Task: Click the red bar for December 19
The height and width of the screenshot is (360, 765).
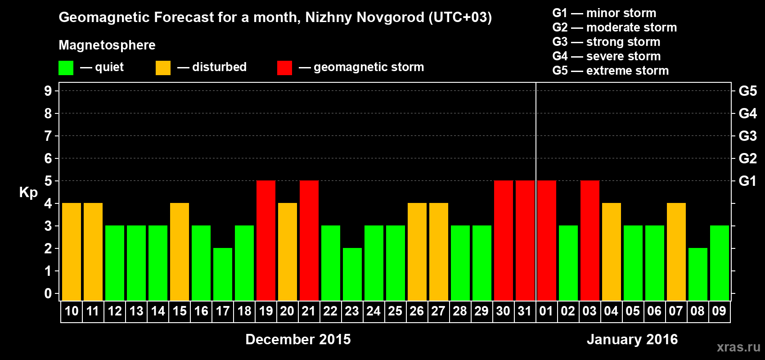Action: [266, 240]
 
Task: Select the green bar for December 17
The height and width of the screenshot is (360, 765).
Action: [223, 274]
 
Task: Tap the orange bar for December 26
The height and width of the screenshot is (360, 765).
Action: [417, 252]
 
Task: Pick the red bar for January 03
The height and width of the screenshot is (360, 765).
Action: [590, 240]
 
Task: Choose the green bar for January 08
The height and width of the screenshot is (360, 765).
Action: [698, 274]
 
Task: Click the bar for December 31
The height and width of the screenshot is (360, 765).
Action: [525, 240]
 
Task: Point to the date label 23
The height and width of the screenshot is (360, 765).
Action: [352, 311]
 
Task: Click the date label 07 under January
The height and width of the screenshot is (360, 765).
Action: [676, 311]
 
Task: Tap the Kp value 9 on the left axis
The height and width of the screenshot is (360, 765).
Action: [48, 91]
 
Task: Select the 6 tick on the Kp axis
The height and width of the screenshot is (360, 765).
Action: [48, 158]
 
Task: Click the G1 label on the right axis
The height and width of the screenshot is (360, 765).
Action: [747, 181]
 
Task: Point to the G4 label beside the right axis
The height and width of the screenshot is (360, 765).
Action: [747, 113]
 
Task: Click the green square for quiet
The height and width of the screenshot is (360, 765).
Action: [66, 68]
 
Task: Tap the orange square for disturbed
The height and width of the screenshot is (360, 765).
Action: [163, 68]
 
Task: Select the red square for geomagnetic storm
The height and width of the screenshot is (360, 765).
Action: [284, 68]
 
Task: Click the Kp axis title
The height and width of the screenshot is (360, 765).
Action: [28, 193]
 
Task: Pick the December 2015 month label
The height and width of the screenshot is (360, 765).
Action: [298, 339]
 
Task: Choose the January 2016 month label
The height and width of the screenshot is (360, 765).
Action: [632, 339]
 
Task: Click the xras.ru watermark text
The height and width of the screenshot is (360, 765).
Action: [738, 347]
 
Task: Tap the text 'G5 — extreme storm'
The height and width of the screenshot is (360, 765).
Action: [611, 71]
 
